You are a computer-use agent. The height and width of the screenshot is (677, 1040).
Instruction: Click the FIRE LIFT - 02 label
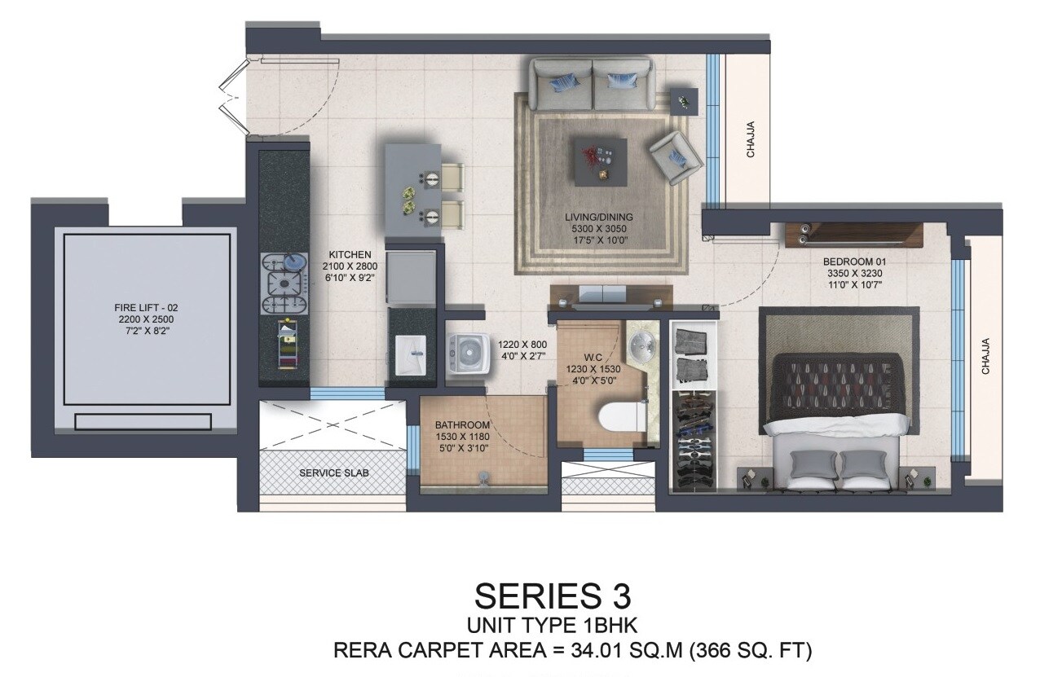(146, 307)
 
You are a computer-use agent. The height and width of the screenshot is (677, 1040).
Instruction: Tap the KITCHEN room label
(350, 254)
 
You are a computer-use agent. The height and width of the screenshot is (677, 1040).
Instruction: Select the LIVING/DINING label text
(599, 217)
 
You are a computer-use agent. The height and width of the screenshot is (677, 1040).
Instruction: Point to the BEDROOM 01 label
(854, 262)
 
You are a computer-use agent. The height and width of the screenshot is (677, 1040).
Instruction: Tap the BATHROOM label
(462, 425)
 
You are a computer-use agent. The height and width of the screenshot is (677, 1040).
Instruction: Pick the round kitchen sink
(295, 262)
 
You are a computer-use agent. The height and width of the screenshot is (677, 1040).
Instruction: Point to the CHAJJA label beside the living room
(751, 138)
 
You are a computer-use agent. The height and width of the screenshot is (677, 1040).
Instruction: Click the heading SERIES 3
(553, 596)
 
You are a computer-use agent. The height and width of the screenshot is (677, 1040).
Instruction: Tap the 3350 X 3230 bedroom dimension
(854, 274)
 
